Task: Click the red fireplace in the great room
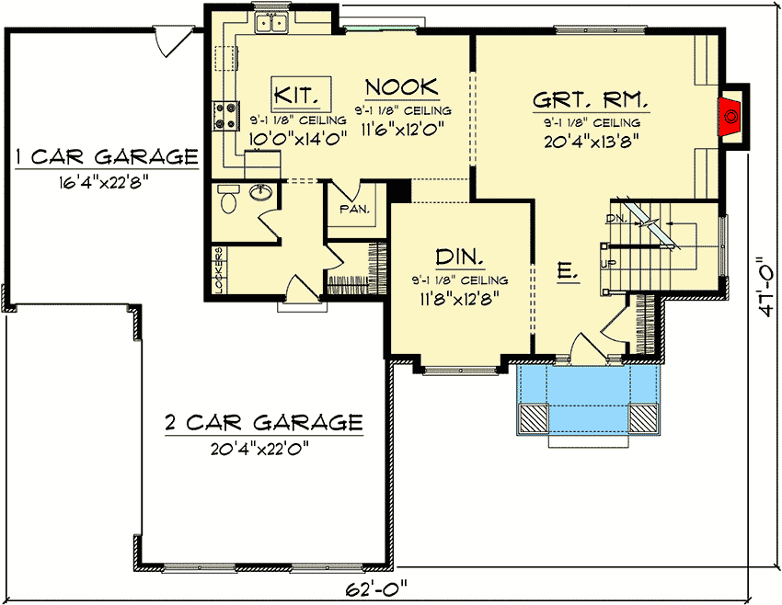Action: [x=730, y=117]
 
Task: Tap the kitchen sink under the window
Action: [x=271, y=23]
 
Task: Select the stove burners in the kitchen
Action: [x=224, y=116]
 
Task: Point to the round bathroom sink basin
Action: [x=260, y=191]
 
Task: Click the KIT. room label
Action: [x=296, y=94]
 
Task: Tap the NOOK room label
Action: [x=402, y=87]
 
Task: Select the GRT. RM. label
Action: [x=591, y=99]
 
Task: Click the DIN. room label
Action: [x=459, y=257]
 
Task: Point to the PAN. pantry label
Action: [x=354, y=209]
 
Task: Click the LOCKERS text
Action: [x=218, y=269]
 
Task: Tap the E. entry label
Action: [x=568, y=271]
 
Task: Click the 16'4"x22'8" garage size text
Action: [x=104, y=183]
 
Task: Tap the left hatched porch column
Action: [x=533, y=418]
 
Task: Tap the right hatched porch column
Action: [x=643, y=418]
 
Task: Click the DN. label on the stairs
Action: [x=617, y=218]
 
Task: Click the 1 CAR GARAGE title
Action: [x=107, y=157]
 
